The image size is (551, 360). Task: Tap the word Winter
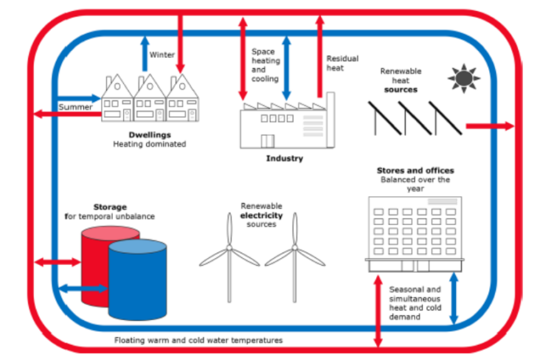click(x=162, y=55)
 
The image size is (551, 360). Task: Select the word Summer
click(x=75, y=106)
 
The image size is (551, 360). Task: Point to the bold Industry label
click(x=284, y=158)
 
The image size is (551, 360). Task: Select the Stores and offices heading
click(x=415, y=170)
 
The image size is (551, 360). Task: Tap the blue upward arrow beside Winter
click(x=144, y=51)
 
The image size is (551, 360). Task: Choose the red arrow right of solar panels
click(x=490, y=125)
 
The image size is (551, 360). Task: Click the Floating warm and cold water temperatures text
click(x=198, y=340)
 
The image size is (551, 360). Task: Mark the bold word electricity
click(x=261, y=214)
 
